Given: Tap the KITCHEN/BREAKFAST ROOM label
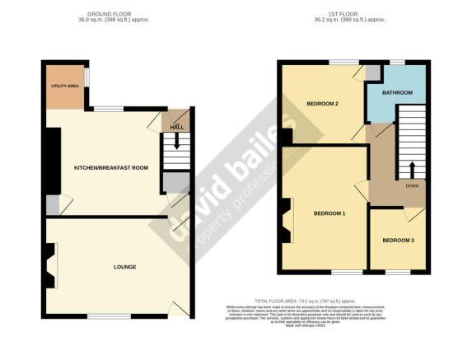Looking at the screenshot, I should [x=110, y=167].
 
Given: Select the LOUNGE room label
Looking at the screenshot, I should [x=125, y=267].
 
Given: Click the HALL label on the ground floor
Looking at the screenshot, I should [x=176, y=128].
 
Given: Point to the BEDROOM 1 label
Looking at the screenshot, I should [x=329, y=213].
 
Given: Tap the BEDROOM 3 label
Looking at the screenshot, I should [x=399, y=241].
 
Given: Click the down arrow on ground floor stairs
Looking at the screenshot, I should [x=175, y=143].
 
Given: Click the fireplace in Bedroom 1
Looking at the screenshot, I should [x=286, y=222].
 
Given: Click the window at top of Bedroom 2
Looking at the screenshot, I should [x=343, y=62].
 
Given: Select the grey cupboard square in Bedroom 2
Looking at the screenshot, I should [x=373, y=72].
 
